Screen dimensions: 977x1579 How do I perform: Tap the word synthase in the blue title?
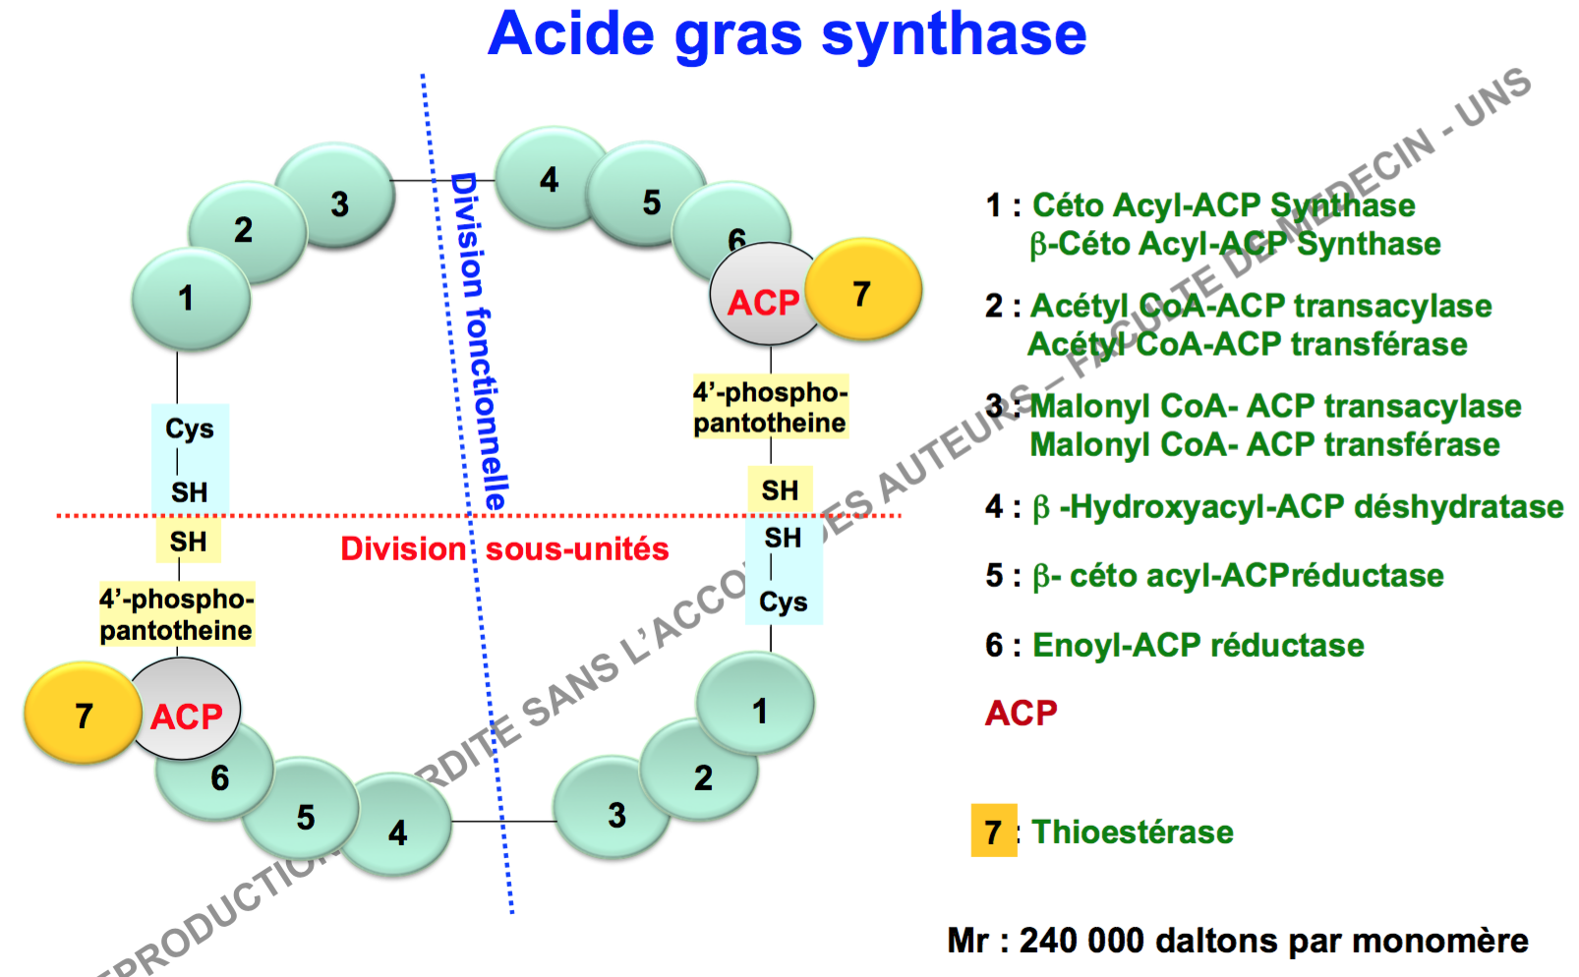(954, 33)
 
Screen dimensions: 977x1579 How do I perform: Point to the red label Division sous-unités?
(504, 548)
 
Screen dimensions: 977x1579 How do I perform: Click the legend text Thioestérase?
(1133, 833)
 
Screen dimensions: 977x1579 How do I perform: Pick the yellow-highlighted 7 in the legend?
(993, 832)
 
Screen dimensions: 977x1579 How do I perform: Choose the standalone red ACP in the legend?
(1022, 713)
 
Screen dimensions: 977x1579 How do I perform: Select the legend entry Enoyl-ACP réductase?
(1198, 645)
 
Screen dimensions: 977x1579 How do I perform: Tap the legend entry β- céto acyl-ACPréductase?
(1238, 576)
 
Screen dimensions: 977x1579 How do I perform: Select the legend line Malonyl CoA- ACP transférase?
(1264, 444)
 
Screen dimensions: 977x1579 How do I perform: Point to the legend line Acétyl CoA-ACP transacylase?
(1260, 306)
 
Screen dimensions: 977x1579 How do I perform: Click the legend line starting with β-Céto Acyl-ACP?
(1235, 244)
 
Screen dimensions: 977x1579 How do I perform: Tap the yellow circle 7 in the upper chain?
(862, 292)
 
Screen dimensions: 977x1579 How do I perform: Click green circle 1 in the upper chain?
(189, 299)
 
